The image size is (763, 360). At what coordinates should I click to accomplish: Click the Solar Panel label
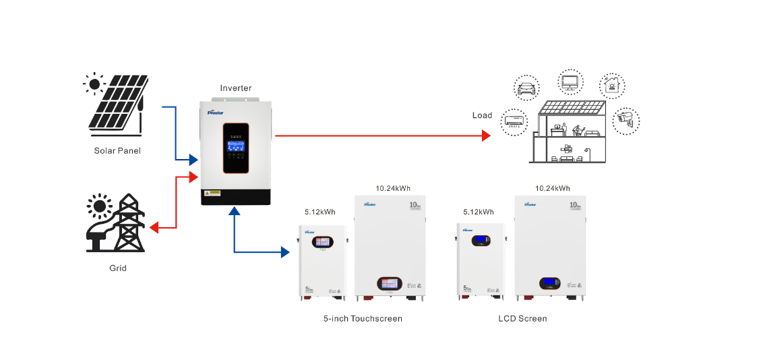117,150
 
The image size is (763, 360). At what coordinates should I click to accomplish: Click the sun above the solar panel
94,84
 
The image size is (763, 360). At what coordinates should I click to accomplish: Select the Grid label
118,268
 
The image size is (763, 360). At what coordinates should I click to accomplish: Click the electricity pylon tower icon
127,222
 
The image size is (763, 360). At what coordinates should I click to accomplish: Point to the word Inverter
236,88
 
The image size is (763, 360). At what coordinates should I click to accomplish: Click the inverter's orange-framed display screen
236,147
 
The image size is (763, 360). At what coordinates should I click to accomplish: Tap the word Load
482,115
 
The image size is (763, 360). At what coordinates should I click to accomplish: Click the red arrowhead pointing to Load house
485,136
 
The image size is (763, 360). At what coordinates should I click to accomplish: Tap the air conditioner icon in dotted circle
515,121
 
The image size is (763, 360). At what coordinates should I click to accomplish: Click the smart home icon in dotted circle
613,86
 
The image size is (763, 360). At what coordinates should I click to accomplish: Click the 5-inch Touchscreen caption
363,318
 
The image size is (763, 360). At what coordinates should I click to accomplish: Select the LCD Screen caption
522,318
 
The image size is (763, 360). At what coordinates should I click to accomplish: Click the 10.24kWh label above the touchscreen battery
393,188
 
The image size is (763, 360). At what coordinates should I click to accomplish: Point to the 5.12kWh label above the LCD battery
479,212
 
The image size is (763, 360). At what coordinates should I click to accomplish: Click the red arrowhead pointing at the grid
154,228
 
